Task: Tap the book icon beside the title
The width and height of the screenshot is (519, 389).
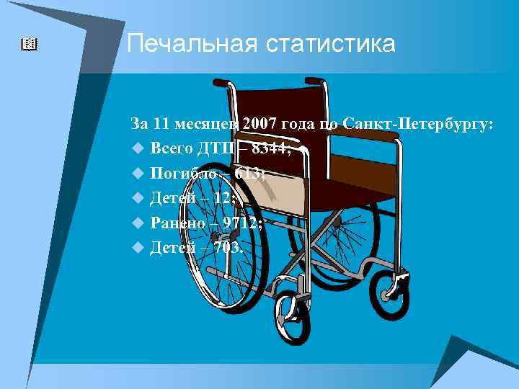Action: tap(29, 45)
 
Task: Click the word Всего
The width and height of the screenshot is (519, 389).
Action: tap(172, 149)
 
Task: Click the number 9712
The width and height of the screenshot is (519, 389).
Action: tap(242, 223)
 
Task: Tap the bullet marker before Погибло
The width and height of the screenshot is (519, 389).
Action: tap(138, 174)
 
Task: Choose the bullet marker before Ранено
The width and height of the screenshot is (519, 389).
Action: tap(138, 223)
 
